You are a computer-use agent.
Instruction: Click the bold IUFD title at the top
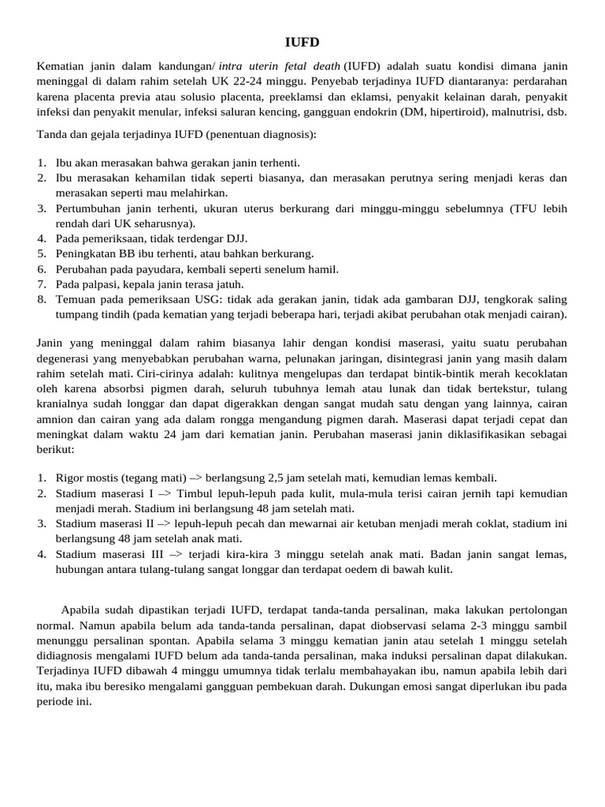[302, 42]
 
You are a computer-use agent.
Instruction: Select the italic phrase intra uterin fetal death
[269, 65]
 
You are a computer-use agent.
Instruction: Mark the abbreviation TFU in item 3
[524, 208]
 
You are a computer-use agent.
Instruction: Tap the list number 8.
[41, 299]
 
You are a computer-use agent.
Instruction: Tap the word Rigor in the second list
[69, 478]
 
